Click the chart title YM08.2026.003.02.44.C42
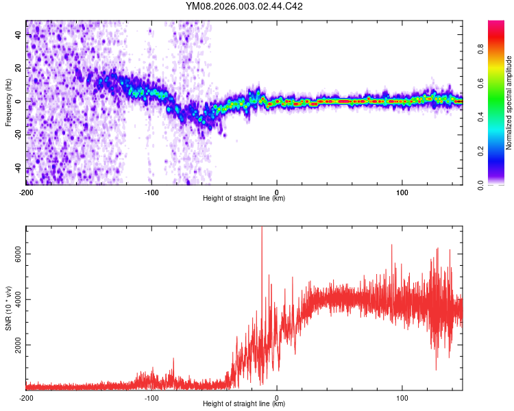coord(244,7)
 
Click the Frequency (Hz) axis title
coord(8,103)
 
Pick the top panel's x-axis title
coord(244,199)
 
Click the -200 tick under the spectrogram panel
coord(26,192)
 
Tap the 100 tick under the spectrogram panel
coord(402,192)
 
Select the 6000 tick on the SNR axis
coord(14,254)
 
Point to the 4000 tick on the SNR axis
coord(14,299)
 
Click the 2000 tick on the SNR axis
coord(14,345)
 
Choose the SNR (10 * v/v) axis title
coord(8,308)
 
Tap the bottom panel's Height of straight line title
coord(244,404)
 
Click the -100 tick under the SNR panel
coord(151,397)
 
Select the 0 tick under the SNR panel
coord(277,397)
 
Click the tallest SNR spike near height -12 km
coord(262,229)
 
